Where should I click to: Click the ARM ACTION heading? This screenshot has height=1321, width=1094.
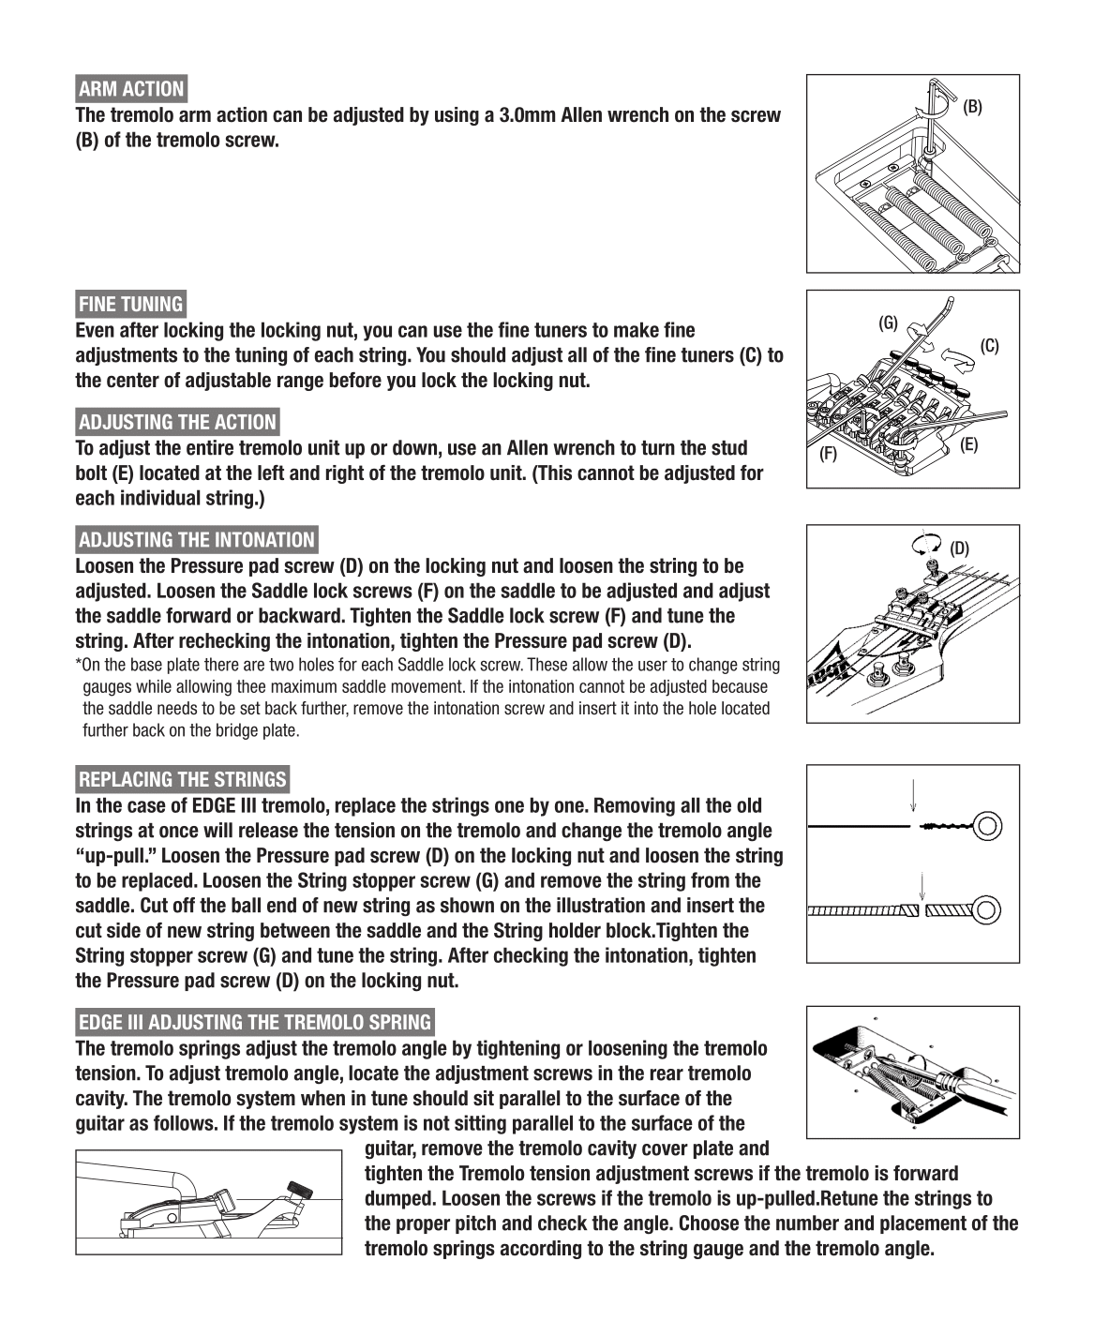[131, 89]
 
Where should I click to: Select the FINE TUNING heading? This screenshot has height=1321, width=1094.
[130, 304]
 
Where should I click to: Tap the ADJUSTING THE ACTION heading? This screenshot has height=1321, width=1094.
[177, 422]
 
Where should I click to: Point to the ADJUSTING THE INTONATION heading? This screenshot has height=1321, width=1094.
[196, 540]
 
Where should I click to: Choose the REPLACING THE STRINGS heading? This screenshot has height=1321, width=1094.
[182, 779]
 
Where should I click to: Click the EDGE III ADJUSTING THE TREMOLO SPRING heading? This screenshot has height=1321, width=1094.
[255, 1022]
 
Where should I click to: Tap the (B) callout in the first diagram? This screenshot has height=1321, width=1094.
[973, 107]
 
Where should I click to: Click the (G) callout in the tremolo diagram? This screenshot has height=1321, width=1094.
[888, 323]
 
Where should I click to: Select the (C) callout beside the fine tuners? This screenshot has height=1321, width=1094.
[990, 346]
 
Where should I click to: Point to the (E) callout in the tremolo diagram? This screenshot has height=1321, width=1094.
[969, 444]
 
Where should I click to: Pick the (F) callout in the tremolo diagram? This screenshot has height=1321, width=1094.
[828, 455]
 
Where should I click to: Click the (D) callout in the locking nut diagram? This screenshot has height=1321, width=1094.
[959, 548]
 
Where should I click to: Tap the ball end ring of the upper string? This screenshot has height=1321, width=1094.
[988, 826]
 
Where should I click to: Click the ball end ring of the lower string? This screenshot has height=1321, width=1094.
[988, 909]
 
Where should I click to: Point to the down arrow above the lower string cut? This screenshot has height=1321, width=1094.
[923, 886]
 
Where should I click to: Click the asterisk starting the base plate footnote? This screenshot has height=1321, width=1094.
[78, 665]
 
